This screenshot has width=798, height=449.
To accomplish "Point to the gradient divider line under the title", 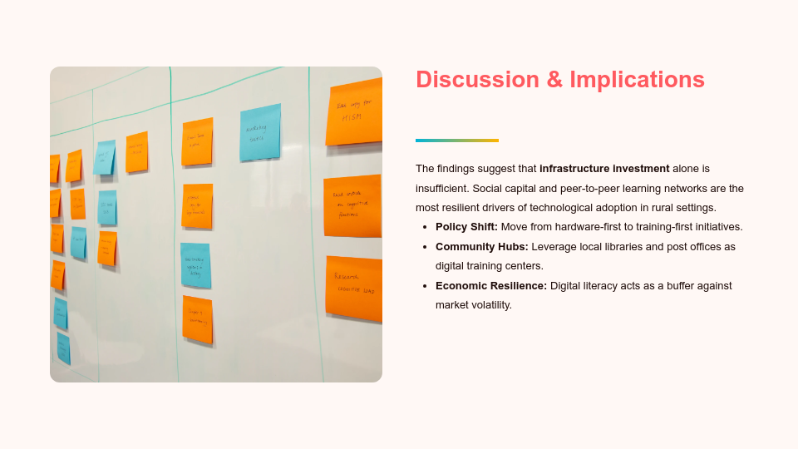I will click(x=456, y=141).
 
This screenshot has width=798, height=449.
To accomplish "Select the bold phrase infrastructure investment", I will click(x=603, y=169).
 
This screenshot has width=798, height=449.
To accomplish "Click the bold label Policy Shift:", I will click(x=466, y=227).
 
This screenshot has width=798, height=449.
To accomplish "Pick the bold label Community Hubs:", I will click(x=481, y=247).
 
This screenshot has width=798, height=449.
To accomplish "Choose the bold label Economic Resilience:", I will click(x=490, y=286).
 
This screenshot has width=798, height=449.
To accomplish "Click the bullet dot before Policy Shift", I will click(x=425, y=227).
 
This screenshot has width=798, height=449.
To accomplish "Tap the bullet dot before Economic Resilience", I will click(x=425, y=286).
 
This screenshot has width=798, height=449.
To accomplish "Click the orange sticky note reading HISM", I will click(x=353, y=112).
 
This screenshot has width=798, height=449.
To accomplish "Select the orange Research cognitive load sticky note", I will click(x=354, y=286).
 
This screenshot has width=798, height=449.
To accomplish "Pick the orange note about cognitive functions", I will click(x=352, y=205).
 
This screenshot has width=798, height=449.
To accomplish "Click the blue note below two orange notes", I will click(x=195, y=264).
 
